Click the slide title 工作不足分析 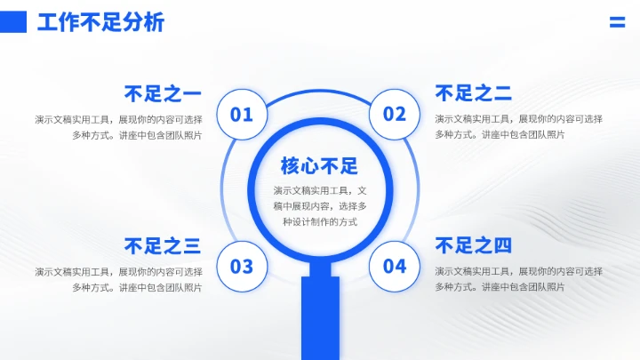(x=100, y=23)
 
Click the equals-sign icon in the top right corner (x=617, y=23)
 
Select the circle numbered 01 (x=242, y=114)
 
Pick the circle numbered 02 (x=395, y=114)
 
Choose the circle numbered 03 (x=242, y=266)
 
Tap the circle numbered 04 (x=395, y=266)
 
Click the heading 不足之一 (x=163, y=93)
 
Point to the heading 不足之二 (x=474, y=93)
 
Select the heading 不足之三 (x=163, y=246)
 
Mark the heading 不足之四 (x=474, y=246)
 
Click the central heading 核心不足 (x=318, y=166)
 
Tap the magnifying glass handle (x=320, y=316)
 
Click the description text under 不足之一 (x=119, y=127)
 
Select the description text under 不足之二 (x=518, y=127)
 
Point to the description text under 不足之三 (x=119, y=279)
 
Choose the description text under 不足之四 (x=518, y=279)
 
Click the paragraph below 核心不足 (x=318, y=206)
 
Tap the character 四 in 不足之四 (x=503, y=246)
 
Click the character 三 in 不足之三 (x=192, y=246)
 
